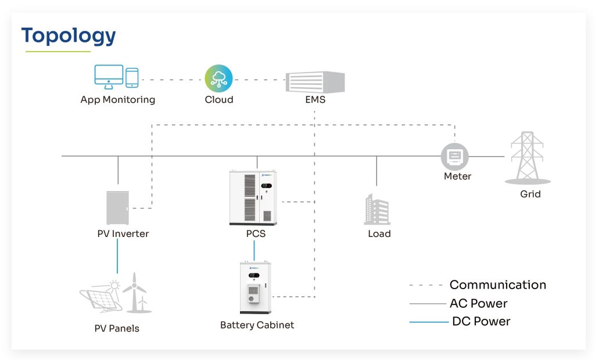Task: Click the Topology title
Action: coord(69,36)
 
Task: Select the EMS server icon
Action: coord(315,82)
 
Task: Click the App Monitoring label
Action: coord(118,100)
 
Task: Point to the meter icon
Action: coord(455,156)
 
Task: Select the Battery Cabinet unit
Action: coord(256,288)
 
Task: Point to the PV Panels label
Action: coord(117,329)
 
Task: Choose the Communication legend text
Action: coord(498,285)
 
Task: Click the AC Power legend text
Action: coord(478,304)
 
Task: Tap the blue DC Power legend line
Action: coord(428,322)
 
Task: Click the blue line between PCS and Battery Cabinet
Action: coord(254,250)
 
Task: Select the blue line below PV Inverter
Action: coord(118,255)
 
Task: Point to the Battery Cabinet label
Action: coord(257,325)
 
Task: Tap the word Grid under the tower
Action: coord(530,194)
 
